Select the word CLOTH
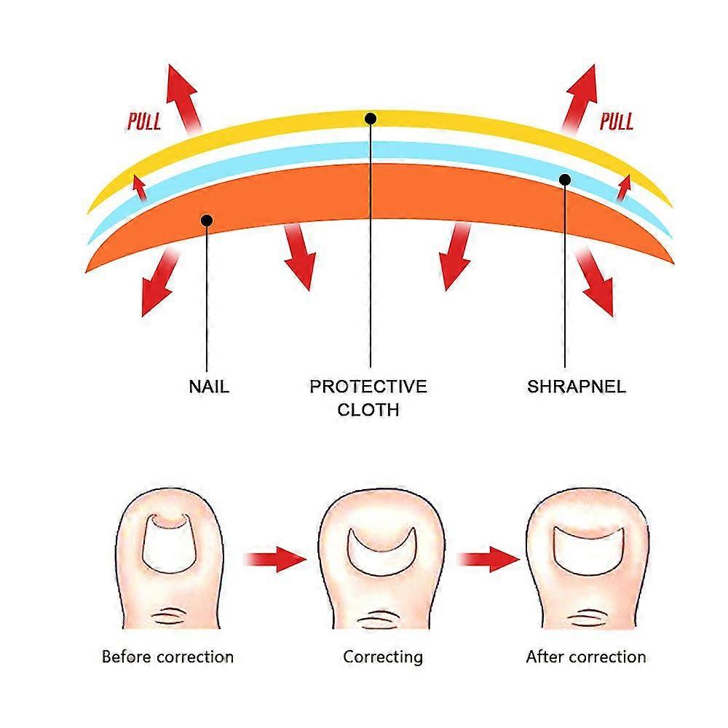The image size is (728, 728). (x=368, y=409)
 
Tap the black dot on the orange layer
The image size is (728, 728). (x=207, y=219)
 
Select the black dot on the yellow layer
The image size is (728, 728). (x=371, y=118)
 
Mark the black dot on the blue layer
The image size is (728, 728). (x=565, y=179)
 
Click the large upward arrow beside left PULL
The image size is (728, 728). (x=182, y=97)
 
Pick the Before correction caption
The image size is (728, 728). (x=167, y=657)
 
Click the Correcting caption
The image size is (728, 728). (x=383, y=657)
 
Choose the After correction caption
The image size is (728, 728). (x=586, y=657)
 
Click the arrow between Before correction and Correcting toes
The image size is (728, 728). (x=274, y=559)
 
